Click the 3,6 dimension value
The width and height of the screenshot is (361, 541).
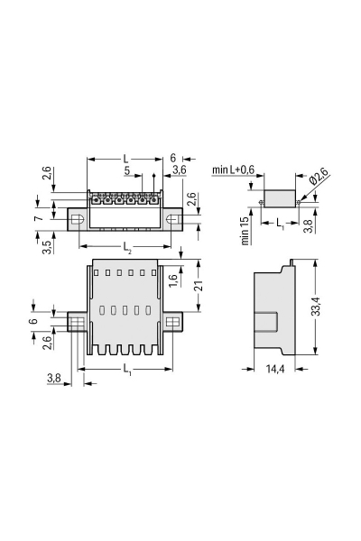(x=179, y=170)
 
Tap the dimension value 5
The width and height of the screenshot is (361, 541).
(x=126, y=170)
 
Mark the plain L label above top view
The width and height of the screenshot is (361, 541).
(x=125, y=158)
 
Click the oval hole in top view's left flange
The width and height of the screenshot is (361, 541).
(x=79, y=218)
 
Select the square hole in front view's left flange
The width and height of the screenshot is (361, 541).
(x=78, y=322)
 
